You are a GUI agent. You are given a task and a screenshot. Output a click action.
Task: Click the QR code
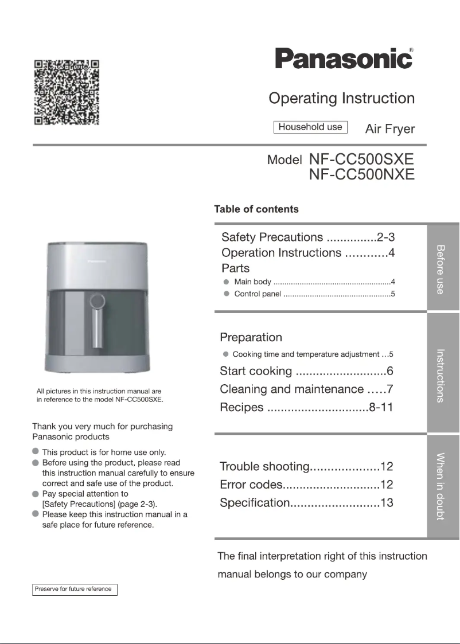67,92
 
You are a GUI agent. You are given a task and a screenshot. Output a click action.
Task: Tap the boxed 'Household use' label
310,127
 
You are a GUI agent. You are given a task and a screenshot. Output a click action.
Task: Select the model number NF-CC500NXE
361,174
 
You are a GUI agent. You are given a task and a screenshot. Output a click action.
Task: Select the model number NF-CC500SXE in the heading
361,158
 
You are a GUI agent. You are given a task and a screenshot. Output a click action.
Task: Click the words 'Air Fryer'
389,129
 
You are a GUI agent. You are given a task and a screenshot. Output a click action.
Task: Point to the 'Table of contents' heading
256,209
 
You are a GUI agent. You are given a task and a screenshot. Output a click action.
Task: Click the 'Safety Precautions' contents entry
272,237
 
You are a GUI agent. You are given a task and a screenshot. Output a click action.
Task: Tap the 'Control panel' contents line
258,294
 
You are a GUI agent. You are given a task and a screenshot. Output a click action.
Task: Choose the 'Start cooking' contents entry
256,371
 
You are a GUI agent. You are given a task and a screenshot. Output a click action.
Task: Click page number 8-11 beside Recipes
381,408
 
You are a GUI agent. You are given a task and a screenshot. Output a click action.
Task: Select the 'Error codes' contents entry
251,485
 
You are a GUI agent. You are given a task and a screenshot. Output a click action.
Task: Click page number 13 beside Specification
387,504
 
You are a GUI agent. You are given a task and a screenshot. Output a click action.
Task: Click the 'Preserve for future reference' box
75,590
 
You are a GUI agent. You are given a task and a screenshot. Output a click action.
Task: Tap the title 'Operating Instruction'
341,98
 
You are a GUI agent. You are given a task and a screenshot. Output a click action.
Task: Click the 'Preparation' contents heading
251,337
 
